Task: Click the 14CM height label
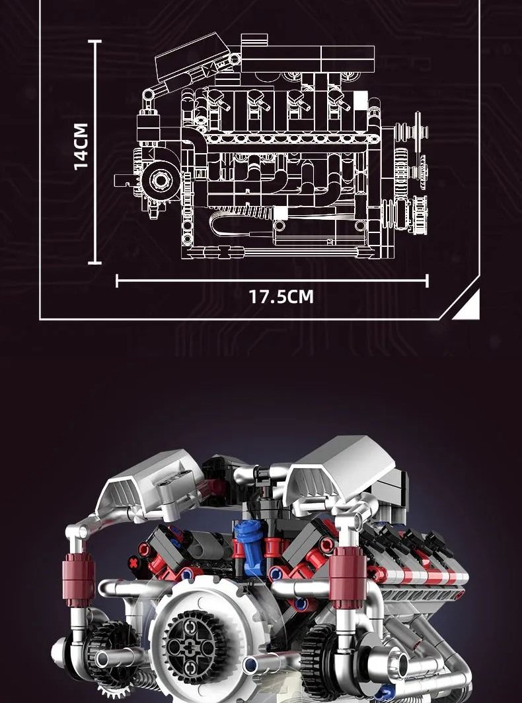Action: click(81, 147)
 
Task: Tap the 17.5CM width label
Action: click(281, 297)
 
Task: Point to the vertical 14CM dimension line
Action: click(94, 152)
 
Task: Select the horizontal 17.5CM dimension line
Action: click(272, 281)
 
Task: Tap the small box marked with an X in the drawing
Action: click(210, 70)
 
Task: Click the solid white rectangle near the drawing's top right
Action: click(360, 101)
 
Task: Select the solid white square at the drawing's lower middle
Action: click(281, 213)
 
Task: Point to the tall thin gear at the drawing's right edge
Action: click(418, 133)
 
